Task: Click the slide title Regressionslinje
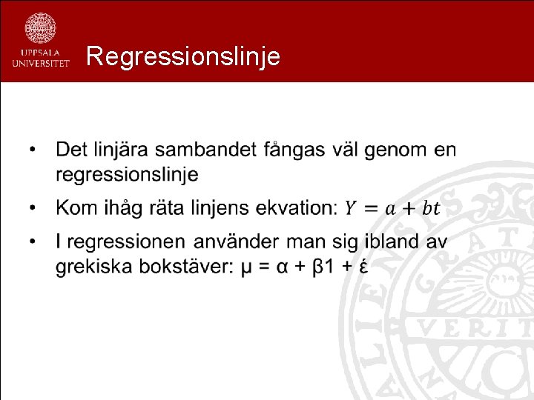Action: [x=182, y=56]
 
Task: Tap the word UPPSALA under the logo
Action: [x=41, y=53]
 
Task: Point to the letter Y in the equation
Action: [x=350, y=207]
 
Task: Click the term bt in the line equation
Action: [x=431, y=207]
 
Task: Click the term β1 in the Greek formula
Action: [x=323, y=266]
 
